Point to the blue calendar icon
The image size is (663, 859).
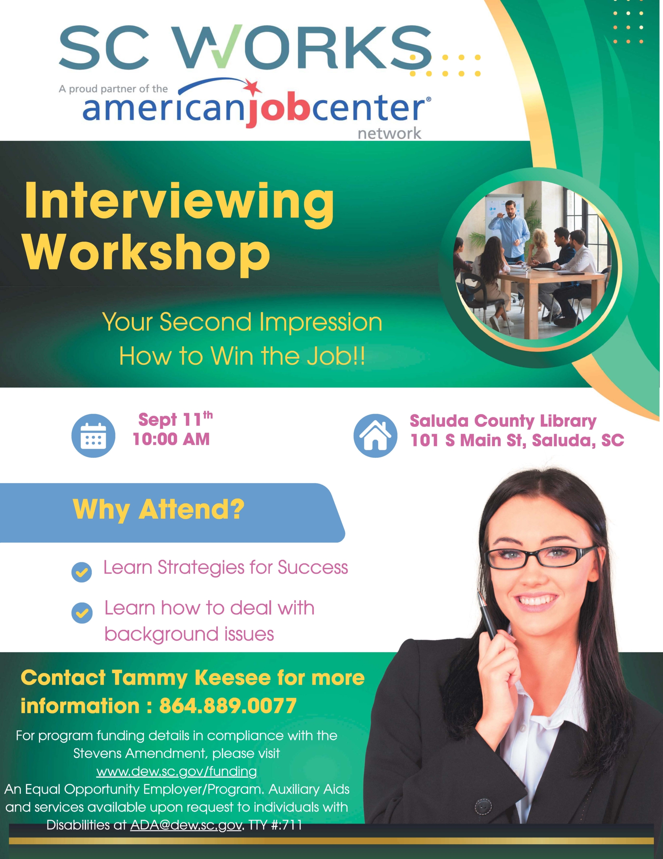point(93,436)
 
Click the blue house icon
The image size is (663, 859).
point(375,436)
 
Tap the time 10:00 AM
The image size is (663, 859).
point(171,439)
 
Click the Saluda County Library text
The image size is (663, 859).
point(503,421)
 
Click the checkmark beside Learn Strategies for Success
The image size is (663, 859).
point(82,572)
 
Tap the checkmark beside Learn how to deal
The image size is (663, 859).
point(82,612)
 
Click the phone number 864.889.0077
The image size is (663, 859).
point(228,706)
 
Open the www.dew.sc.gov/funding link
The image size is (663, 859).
point(176,771)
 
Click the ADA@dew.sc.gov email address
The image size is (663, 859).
point(186,825)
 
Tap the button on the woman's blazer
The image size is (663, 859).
point(483,807)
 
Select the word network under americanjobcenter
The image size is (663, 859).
point(389,134)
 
